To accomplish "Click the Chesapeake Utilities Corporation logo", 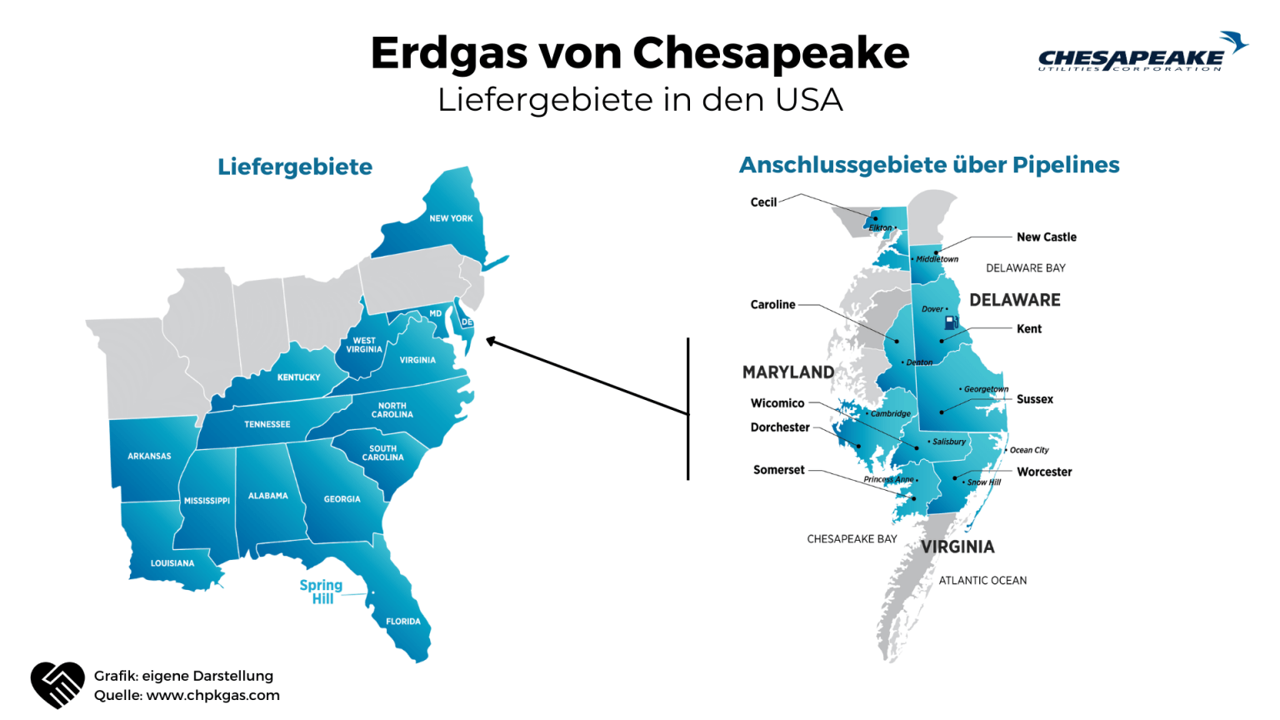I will tap(1142, 53).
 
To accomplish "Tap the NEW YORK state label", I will tap(451, 218).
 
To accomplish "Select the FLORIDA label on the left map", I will tap(403, 622).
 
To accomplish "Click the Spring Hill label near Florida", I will tap(322, 592).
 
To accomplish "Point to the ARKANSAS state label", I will tap(149, 456).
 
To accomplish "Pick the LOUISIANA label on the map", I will tap(172, 563).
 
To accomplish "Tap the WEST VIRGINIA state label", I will tap(364, 345).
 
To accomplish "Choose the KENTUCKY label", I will tap(298, 377).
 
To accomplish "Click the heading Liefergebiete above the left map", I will tap(295, 167).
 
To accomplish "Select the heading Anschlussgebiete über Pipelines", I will tap(929, 165).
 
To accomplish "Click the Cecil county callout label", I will tap(763, 202).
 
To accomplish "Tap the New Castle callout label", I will tap(1046, 237).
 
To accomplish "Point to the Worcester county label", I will tap(1044, 472).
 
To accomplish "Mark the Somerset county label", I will tap(779, 470).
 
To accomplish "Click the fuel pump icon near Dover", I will tap(951, 322).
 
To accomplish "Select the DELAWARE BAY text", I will tap(1025, 268).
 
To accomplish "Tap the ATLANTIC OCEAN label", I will tap(982, 581).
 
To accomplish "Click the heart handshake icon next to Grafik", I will tap(57, 684).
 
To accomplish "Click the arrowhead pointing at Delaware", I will tap(492, 340).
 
